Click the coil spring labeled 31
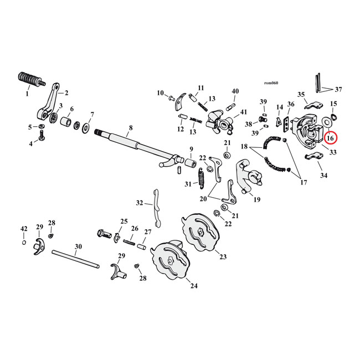pos(203,179)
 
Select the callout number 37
pos(338,90)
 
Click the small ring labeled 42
pos(24,242)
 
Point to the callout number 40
pos(235,91)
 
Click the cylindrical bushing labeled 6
pos(65,121)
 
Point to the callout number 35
pos(302,95)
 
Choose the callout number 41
pos(244,112)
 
